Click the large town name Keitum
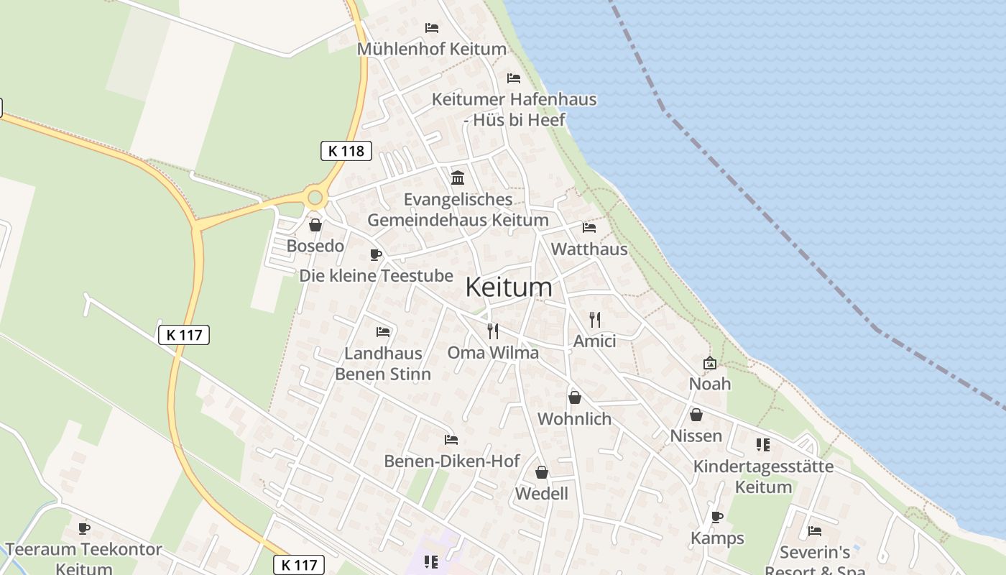click(x=509, y=287)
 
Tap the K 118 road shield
click(x=346, y=151)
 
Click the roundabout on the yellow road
click(x=315, y=197)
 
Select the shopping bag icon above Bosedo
click(x=315, y=225)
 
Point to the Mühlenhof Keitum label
click(x=432, y=49)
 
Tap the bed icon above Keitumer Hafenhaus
click(x=513, y=78)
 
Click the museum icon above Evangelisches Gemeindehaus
click(x=457, y=178)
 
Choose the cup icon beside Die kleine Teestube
click(x=375, y=254)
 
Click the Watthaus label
click(x=589, y=249)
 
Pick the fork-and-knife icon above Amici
click(x=594, y=319)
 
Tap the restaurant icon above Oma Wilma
click(x=492, y=331)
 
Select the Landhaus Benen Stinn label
click(x=383, y=364)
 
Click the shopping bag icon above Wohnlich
click(x=574, y=397)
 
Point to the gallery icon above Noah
click(x=709, y=363)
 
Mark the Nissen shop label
click(x=696, y=436)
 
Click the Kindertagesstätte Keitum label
click(x=763, y=477)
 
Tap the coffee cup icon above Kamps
click(x=716, y=517)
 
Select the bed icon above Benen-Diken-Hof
click(x=451, y=439)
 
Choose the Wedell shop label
click(x=541, y=494)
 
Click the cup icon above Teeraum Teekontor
click(x=84, y=529)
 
